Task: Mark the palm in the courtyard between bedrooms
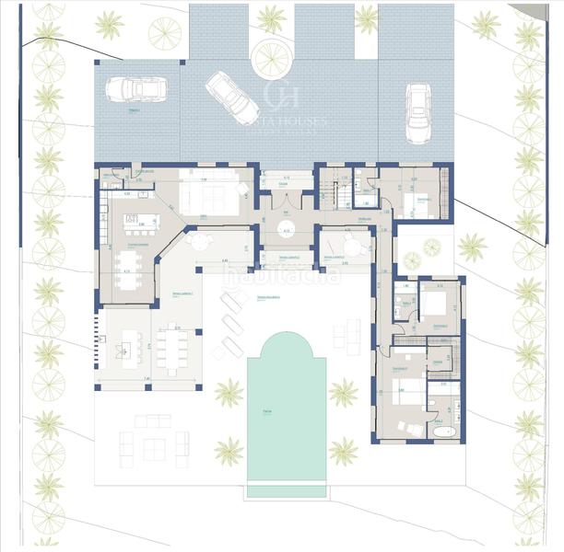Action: [472, 246]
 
